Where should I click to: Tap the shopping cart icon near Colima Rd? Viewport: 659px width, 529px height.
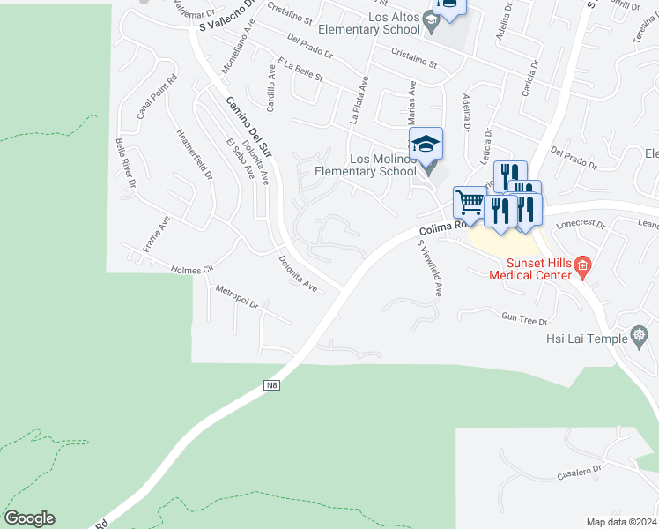click(x=469, y=203)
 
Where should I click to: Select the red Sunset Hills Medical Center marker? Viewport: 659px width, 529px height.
click(x=581, y=265)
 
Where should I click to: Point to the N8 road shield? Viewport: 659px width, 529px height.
click(x=272, y=385)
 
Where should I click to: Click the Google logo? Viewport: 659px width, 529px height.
click(x=29, y=518)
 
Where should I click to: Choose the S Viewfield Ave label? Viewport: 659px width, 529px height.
click(x=429, y=267)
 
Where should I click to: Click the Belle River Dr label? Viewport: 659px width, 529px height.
click(x=125, y=163)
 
